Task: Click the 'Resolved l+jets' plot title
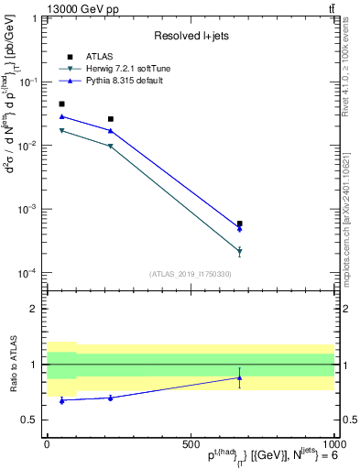[190, 36]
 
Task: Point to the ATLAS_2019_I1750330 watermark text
[190, 274]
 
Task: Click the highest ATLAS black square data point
[61, 104]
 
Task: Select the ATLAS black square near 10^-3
[239, 224]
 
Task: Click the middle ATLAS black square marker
[111, 119]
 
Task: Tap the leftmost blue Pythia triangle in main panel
[61, 116]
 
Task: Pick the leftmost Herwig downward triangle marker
[61, 131]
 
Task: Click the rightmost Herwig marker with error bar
[239, 251]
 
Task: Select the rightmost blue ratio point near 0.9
[239, 377]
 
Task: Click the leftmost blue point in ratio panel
[61, 400]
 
